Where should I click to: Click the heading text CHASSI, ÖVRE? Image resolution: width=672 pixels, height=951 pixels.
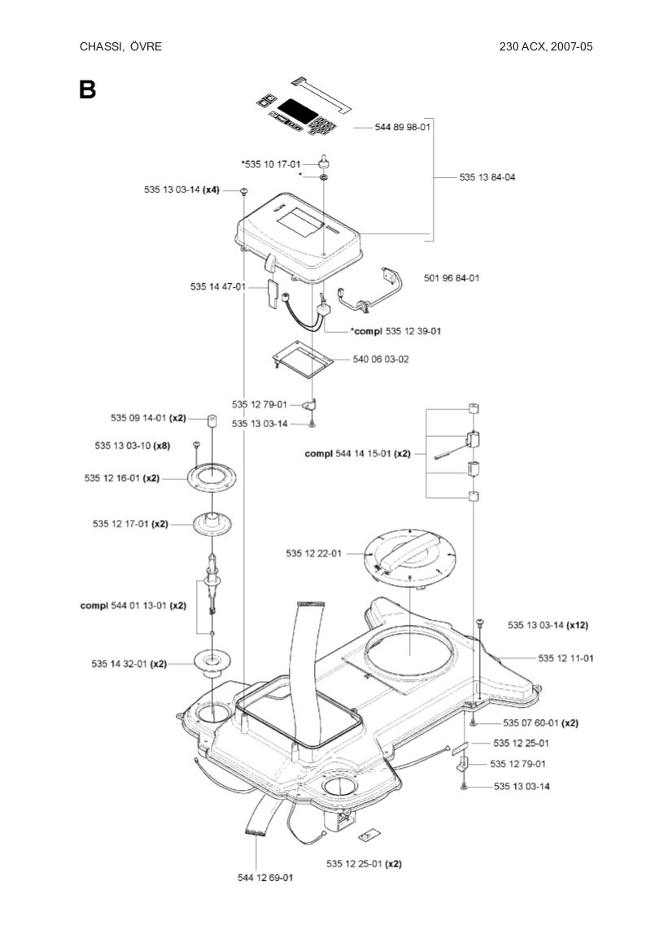click(120, 46)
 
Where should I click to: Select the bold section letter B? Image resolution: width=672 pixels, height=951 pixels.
click(87, 89)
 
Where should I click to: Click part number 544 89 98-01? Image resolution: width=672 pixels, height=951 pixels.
click(403, 129)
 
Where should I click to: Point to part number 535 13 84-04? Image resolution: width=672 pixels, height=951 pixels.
click(487, 177)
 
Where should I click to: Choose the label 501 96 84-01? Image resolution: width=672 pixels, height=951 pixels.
click(452, 278)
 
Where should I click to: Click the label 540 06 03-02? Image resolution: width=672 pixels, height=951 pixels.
click(381, 359)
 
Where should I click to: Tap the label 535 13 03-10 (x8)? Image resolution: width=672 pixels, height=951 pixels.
click(132, 446)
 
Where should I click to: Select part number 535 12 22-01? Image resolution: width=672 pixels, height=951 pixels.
click(313, 553)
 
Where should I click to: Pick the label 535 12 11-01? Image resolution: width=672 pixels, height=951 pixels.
click(565, 657)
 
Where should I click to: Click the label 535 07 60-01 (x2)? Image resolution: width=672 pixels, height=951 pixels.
click(540, 723)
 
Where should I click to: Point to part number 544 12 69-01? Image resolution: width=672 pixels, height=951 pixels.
click(265, 878)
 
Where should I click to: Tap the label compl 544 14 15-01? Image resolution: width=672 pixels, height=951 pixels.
click(357, 454)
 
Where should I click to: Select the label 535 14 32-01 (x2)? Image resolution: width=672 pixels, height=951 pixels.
click(129, 664)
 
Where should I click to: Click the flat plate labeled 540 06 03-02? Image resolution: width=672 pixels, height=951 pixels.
click(302, 358)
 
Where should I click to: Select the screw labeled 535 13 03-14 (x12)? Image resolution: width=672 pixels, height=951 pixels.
click(481, 623)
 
